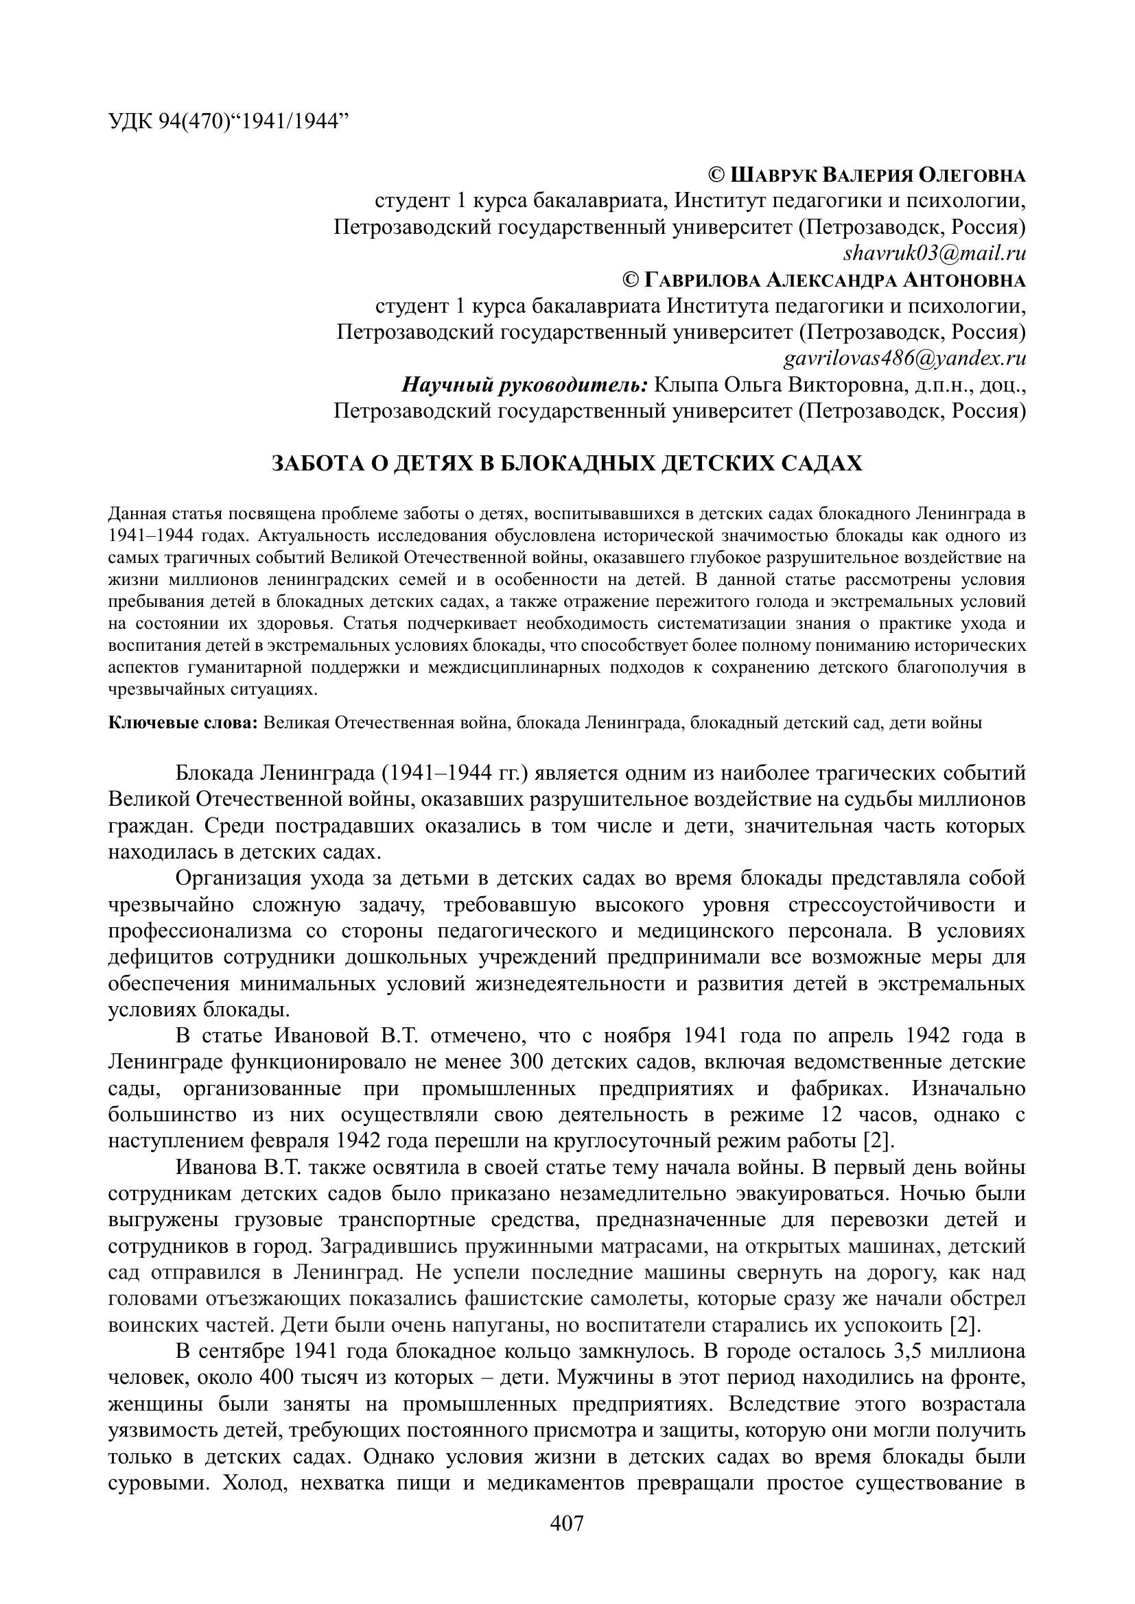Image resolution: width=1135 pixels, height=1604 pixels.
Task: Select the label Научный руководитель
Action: (x=525, y=385)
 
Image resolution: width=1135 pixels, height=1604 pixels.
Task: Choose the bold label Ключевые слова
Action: (x=184, y=722)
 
